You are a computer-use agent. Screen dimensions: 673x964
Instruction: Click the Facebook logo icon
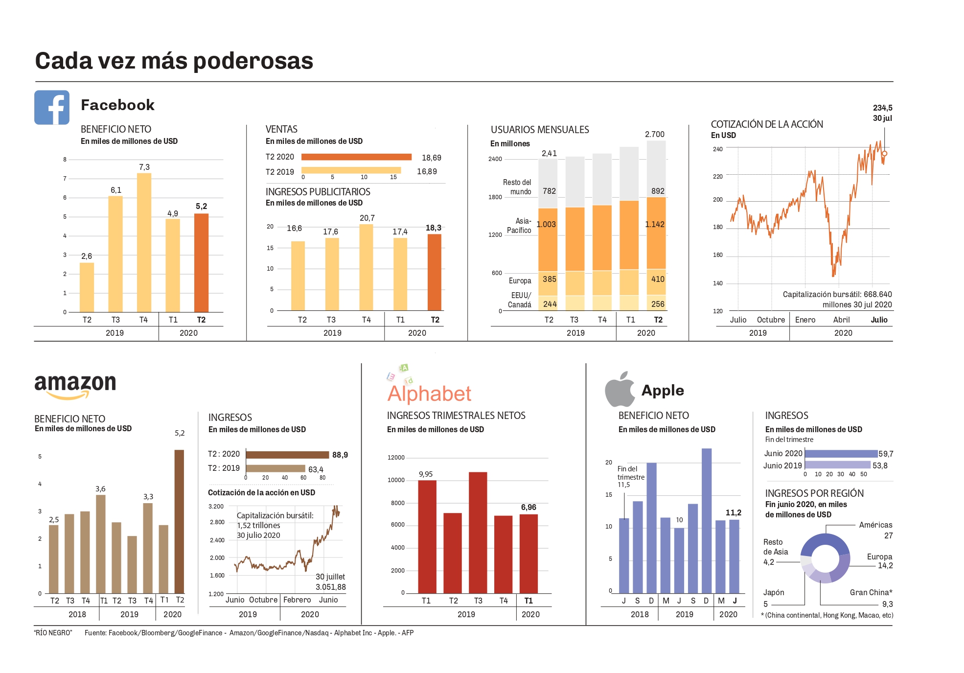pyautogui.click(x=52, y=107)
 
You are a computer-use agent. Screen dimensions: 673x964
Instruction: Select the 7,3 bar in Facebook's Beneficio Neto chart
pyautogui.click(x=144, y=242)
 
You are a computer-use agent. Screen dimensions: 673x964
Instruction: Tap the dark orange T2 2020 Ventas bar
pyautogui.click(x=356, y=157)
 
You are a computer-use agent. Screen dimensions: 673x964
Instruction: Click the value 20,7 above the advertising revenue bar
pyautogui.click(x=367, y=218)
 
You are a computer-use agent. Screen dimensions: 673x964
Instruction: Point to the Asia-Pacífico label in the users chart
pyautogui.click(x=519, y=226)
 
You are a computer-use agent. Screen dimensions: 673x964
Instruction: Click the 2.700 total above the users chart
pyautogui.click(x=655, y=134)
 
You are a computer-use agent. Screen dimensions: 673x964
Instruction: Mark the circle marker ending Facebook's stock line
pyautogui.click(x=884, y=154)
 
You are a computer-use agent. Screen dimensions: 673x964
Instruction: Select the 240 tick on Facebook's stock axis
pyautogui.click(x=717, y=149)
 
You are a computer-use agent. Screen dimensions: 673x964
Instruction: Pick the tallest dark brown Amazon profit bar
pyautogui.click(x=180, y=521)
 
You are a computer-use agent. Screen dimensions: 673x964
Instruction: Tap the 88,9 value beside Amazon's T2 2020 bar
pyautogui.click(x=340, y=455)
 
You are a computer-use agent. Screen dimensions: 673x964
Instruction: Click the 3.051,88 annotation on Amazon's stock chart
pyautogui.click(x=330, y=587)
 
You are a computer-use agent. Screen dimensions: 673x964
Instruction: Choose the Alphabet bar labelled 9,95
pyautogui.click(x=427, y=536)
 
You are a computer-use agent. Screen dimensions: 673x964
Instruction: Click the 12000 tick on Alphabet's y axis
pyautogui.click(x=396, y=458)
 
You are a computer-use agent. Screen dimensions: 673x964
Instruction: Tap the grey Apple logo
pyautogui.click(x=620, y=390)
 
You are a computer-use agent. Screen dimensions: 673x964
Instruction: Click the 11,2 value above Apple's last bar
pyautogui.click(x=733, y=512)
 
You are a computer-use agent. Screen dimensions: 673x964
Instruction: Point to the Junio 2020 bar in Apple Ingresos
pyautogui.click(x=841, y=454)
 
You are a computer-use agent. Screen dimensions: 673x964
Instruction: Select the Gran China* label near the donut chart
pyautogui.click(x=871, y=592)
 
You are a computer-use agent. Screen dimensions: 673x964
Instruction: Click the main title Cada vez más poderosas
pyautogui.click(x=174, y=61)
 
